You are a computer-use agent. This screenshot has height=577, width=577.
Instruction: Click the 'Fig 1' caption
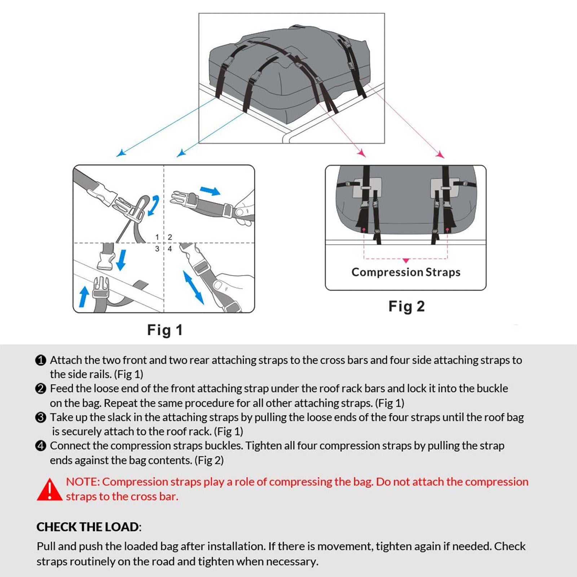click(x=165, y=330)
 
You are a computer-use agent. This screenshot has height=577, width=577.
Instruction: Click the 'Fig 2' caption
click(x=406, y=307)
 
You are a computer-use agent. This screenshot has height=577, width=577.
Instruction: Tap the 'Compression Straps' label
click(x=406, y=272)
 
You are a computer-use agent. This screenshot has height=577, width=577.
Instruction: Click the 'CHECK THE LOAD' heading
click(x=88, y=527)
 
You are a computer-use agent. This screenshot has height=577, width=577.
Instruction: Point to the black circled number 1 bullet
click(x=41, y=360)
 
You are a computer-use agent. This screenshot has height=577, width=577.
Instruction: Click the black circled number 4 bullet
click(x=41, y=446)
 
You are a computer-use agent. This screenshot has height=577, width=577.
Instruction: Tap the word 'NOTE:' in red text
click(x=83, y=482)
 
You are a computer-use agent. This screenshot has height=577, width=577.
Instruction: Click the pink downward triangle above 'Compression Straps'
click(x=406, y=260)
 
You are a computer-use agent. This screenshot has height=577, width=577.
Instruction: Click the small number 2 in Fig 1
click(x=170, y=237)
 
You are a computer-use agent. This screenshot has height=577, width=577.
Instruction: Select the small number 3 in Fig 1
click(x=157, y=249)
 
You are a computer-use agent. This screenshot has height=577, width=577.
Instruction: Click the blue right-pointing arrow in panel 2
click(x=210, y=190)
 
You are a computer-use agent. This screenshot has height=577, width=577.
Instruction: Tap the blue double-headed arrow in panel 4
click(x=193, y=287)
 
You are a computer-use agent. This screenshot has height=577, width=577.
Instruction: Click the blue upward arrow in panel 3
click(x=84, y=296)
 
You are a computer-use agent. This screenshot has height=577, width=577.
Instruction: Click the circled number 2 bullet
click(x=41, y=389)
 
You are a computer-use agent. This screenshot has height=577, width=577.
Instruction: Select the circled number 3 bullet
click(x=41, y=418)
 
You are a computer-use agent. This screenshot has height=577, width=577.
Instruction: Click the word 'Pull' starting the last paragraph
click(x=46, y=546)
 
